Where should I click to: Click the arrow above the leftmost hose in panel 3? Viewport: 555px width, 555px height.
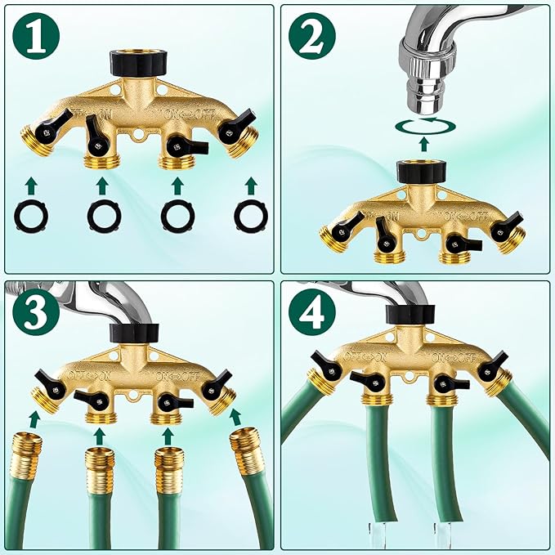tap(34, 420)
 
